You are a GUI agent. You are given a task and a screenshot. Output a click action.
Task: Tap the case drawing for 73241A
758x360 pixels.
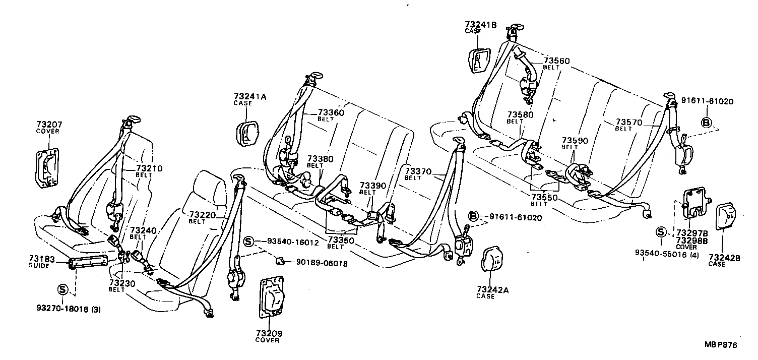(247, 134)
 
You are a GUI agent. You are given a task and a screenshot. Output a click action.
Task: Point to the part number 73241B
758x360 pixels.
(480, 24)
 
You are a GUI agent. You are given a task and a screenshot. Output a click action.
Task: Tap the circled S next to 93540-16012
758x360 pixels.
(248, 242)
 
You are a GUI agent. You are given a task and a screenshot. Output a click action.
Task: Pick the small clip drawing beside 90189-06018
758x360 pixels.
(281, 260)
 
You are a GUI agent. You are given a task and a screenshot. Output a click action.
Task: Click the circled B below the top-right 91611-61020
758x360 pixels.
(707, 122)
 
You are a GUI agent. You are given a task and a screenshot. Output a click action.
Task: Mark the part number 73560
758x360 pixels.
(556, 61)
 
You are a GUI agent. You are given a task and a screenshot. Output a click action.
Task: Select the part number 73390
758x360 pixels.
(372, 186)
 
